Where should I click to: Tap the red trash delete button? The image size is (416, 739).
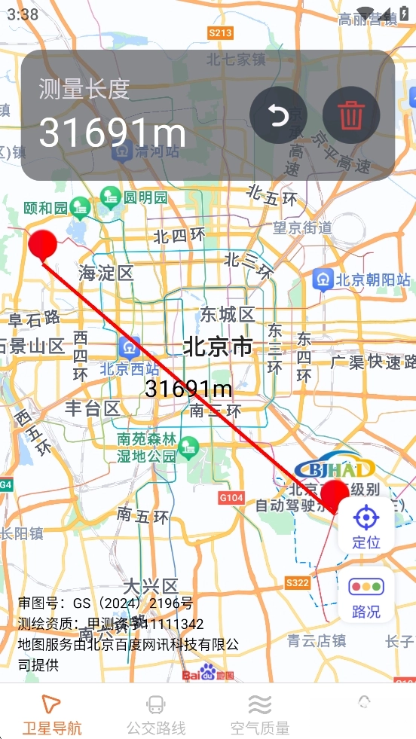tap(350, 115)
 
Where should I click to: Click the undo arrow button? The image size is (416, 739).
tap(278, 115)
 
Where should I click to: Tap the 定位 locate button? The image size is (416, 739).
tap(366, 527)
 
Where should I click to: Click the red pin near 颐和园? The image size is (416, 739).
tap(43, 244)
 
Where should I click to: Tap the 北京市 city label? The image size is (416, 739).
tap(218, 347)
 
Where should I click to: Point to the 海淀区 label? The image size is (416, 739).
tap(106, 273)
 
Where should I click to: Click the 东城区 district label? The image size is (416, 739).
tap(227, 314)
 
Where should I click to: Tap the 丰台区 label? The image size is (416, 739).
tap(92, 409)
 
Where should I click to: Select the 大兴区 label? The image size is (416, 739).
tap(151, 585)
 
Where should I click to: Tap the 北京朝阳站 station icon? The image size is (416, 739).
tap(323, 279)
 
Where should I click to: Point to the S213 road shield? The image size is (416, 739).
tap(221, 32)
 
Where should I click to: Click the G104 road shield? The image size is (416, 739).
tap(231, 497)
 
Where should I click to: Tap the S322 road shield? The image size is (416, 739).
tap(298, 582)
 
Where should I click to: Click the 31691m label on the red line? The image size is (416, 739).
tap(188, 389)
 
